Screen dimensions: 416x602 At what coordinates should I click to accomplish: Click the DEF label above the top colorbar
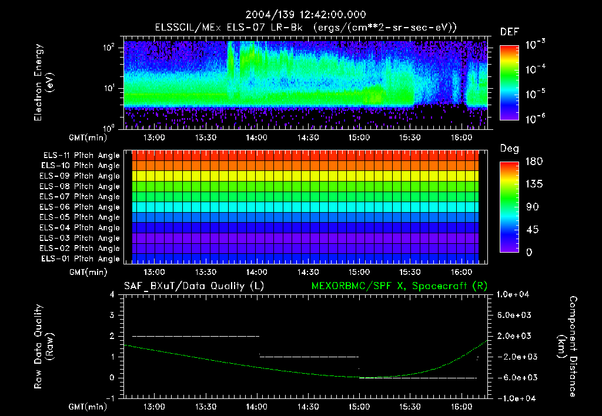509,32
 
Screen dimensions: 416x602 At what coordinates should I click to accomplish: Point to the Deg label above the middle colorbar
509,149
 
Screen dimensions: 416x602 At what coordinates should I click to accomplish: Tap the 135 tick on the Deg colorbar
531,184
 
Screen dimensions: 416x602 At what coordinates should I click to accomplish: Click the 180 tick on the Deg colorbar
531,162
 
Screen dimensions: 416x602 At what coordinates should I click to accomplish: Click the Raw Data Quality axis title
44,346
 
